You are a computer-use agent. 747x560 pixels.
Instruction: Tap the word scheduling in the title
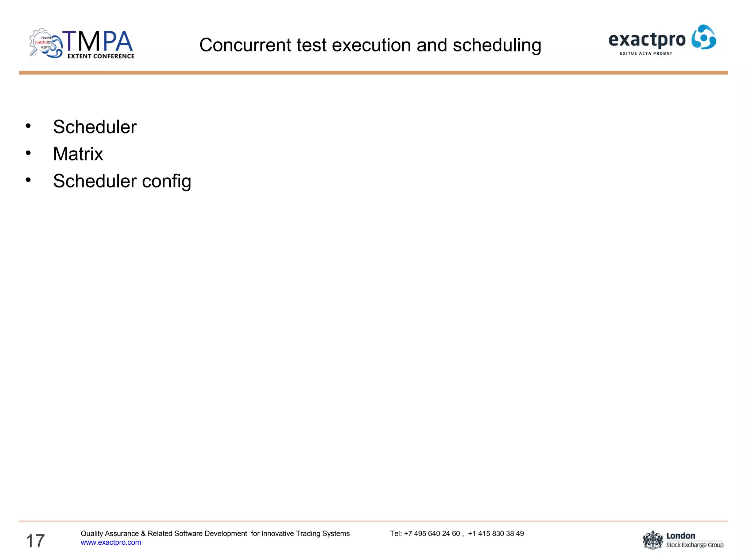coord(497,46)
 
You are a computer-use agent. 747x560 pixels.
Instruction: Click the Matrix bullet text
coord(78,154)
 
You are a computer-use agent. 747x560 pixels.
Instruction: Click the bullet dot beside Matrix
coord(28,153)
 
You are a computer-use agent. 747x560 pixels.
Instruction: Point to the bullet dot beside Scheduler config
coord(28,180)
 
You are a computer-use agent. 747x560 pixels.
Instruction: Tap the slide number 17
coord(35,541)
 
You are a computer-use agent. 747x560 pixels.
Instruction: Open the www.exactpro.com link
coord(111,542)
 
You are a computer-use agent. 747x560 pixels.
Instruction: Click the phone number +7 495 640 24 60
coord(432,534)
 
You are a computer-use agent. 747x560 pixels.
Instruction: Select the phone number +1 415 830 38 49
coord(496,534)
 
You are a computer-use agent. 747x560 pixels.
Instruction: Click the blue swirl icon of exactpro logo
coord(704,37)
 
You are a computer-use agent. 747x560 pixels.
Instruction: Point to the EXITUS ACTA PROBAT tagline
coord(646,54)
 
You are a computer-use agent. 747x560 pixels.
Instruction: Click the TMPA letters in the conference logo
coord(98,41)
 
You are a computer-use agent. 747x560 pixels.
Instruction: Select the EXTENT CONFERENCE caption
coord(101,56)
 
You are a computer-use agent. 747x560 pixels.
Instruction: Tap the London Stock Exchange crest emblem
coord(653,540)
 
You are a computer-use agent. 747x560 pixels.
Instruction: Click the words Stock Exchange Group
coord(694,545)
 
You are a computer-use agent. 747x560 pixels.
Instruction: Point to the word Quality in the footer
coord(92,534)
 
